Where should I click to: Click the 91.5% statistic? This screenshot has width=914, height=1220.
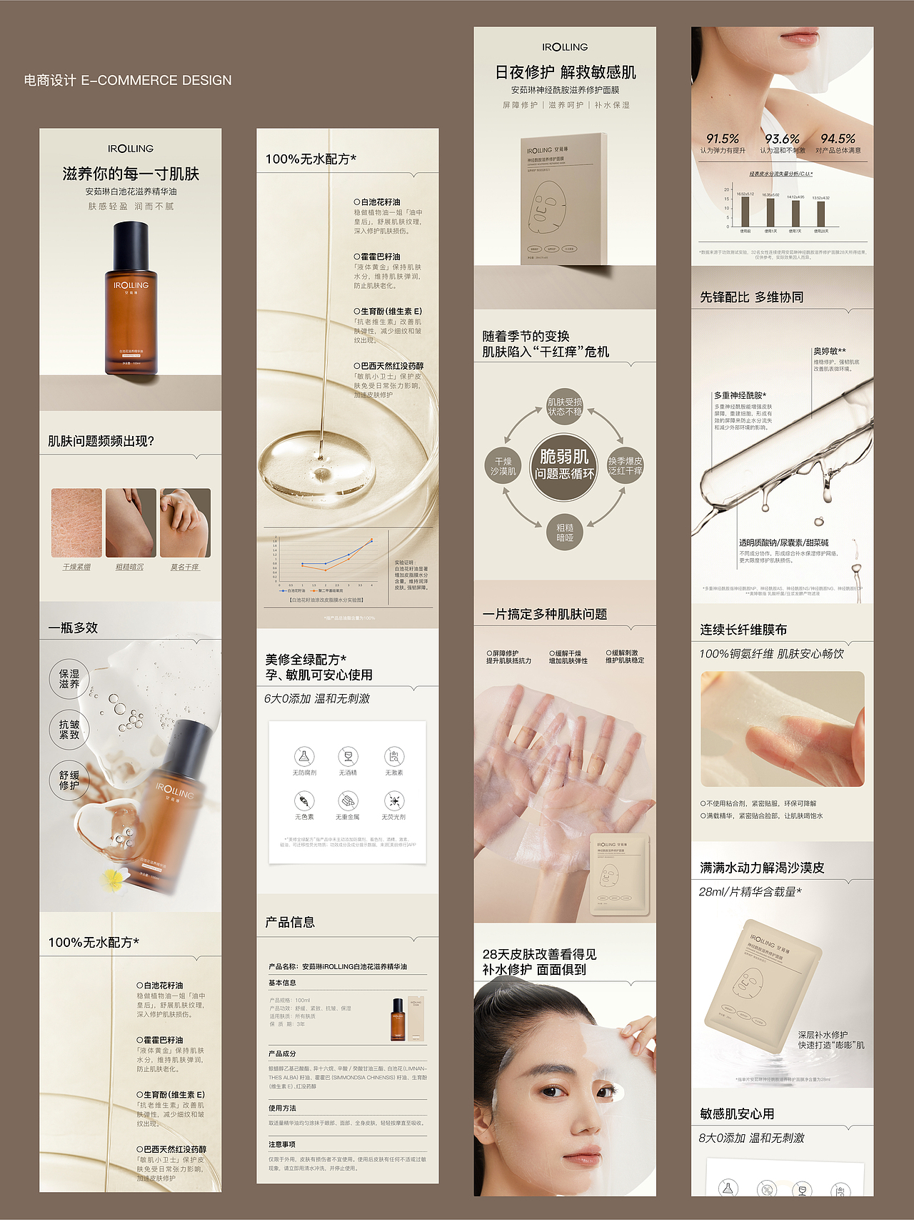click(722, 139)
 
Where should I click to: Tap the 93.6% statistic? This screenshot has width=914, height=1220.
click(782, 139)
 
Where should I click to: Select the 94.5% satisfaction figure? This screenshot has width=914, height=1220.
click(838, 139)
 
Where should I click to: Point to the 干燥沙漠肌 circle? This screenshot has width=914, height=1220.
click(503, 466)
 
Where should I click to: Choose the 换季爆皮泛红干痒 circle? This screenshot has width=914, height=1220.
click(625, 466)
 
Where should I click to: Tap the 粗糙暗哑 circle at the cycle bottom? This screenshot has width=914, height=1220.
click(564, 532)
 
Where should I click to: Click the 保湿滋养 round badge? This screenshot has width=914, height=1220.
click(69, 679)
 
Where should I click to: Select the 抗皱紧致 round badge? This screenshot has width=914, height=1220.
click(69, 729)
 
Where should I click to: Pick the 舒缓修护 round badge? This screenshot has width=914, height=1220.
click(69, 780)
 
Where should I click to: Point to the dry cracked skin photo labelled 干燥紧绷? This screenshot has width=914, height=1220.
click(76, 522)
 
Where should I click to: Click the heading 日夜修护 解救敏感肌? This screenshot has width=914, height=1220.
click(565, 72)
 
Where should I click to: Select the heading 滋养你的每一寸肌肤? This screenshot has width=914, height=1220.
click(131, 174)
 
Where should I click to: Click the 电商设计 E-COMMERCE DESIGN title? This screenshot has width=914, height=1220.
click(128, 80)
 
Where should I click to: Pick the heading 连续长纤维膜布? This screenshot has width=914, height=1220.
click(743, 630)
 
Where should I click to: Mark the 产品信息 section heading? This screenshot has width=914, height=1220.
click(290, 922)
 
